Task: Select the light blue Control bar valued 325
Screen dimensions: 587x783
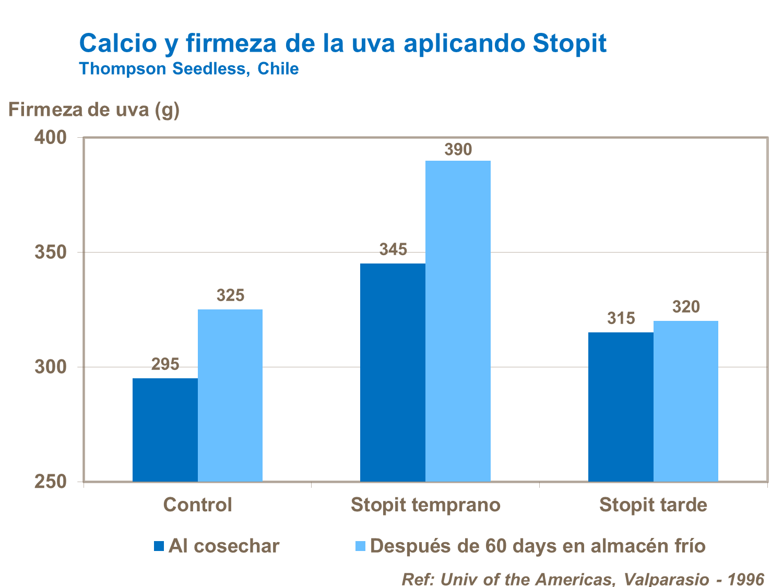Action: (230, 395)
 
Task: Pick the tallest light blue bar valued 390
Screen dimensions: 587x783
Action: (458, 321)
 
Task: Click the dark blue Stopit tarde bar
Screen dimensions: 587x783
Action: (621, 406)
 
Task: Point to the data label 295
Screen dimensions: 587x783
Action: (165, 364)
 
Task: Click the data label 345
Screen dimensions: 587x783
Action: (393, 249)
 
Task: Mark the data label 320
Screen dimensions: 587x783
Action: (686, 307)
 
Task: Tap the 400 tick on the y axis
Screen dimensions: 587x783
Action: (51, 138)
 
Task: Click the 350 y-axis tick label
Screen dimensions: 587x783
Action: (51, 253)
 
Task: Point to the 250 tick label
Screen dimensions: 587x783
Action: (51, 482)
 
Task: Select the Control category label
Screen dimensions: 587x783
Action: (197, 505)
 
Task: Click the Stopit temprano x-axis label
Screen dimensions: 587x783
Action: (425, 505)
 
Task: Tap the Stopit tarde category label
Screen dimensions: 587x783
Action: (653, 505)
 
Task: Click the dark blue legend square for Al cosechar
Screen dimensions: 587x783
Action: (159, 546)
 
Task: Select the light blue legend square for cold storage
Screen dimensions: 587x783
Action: (360, 546)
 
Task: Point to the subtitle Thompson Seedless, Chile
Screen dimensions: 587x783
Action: (188, 68)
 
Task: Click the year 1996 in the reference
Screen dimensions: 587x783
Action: (746, 579)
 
